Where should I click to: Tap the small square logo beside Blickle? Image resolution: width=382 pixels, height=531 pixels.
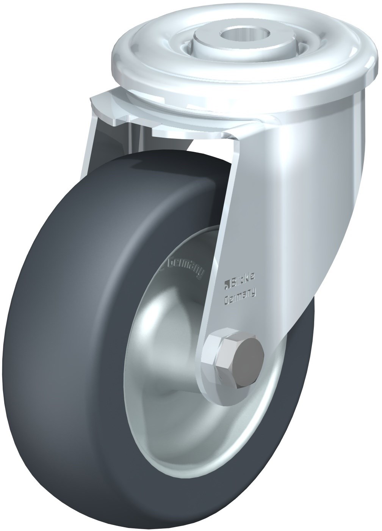coord(226,281)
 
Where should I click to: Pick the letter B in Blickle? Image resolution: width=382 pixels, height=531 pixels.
coord(231,281)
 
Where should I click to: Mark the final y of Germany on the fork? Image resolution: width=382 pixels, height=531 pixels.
coord(253,291)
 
